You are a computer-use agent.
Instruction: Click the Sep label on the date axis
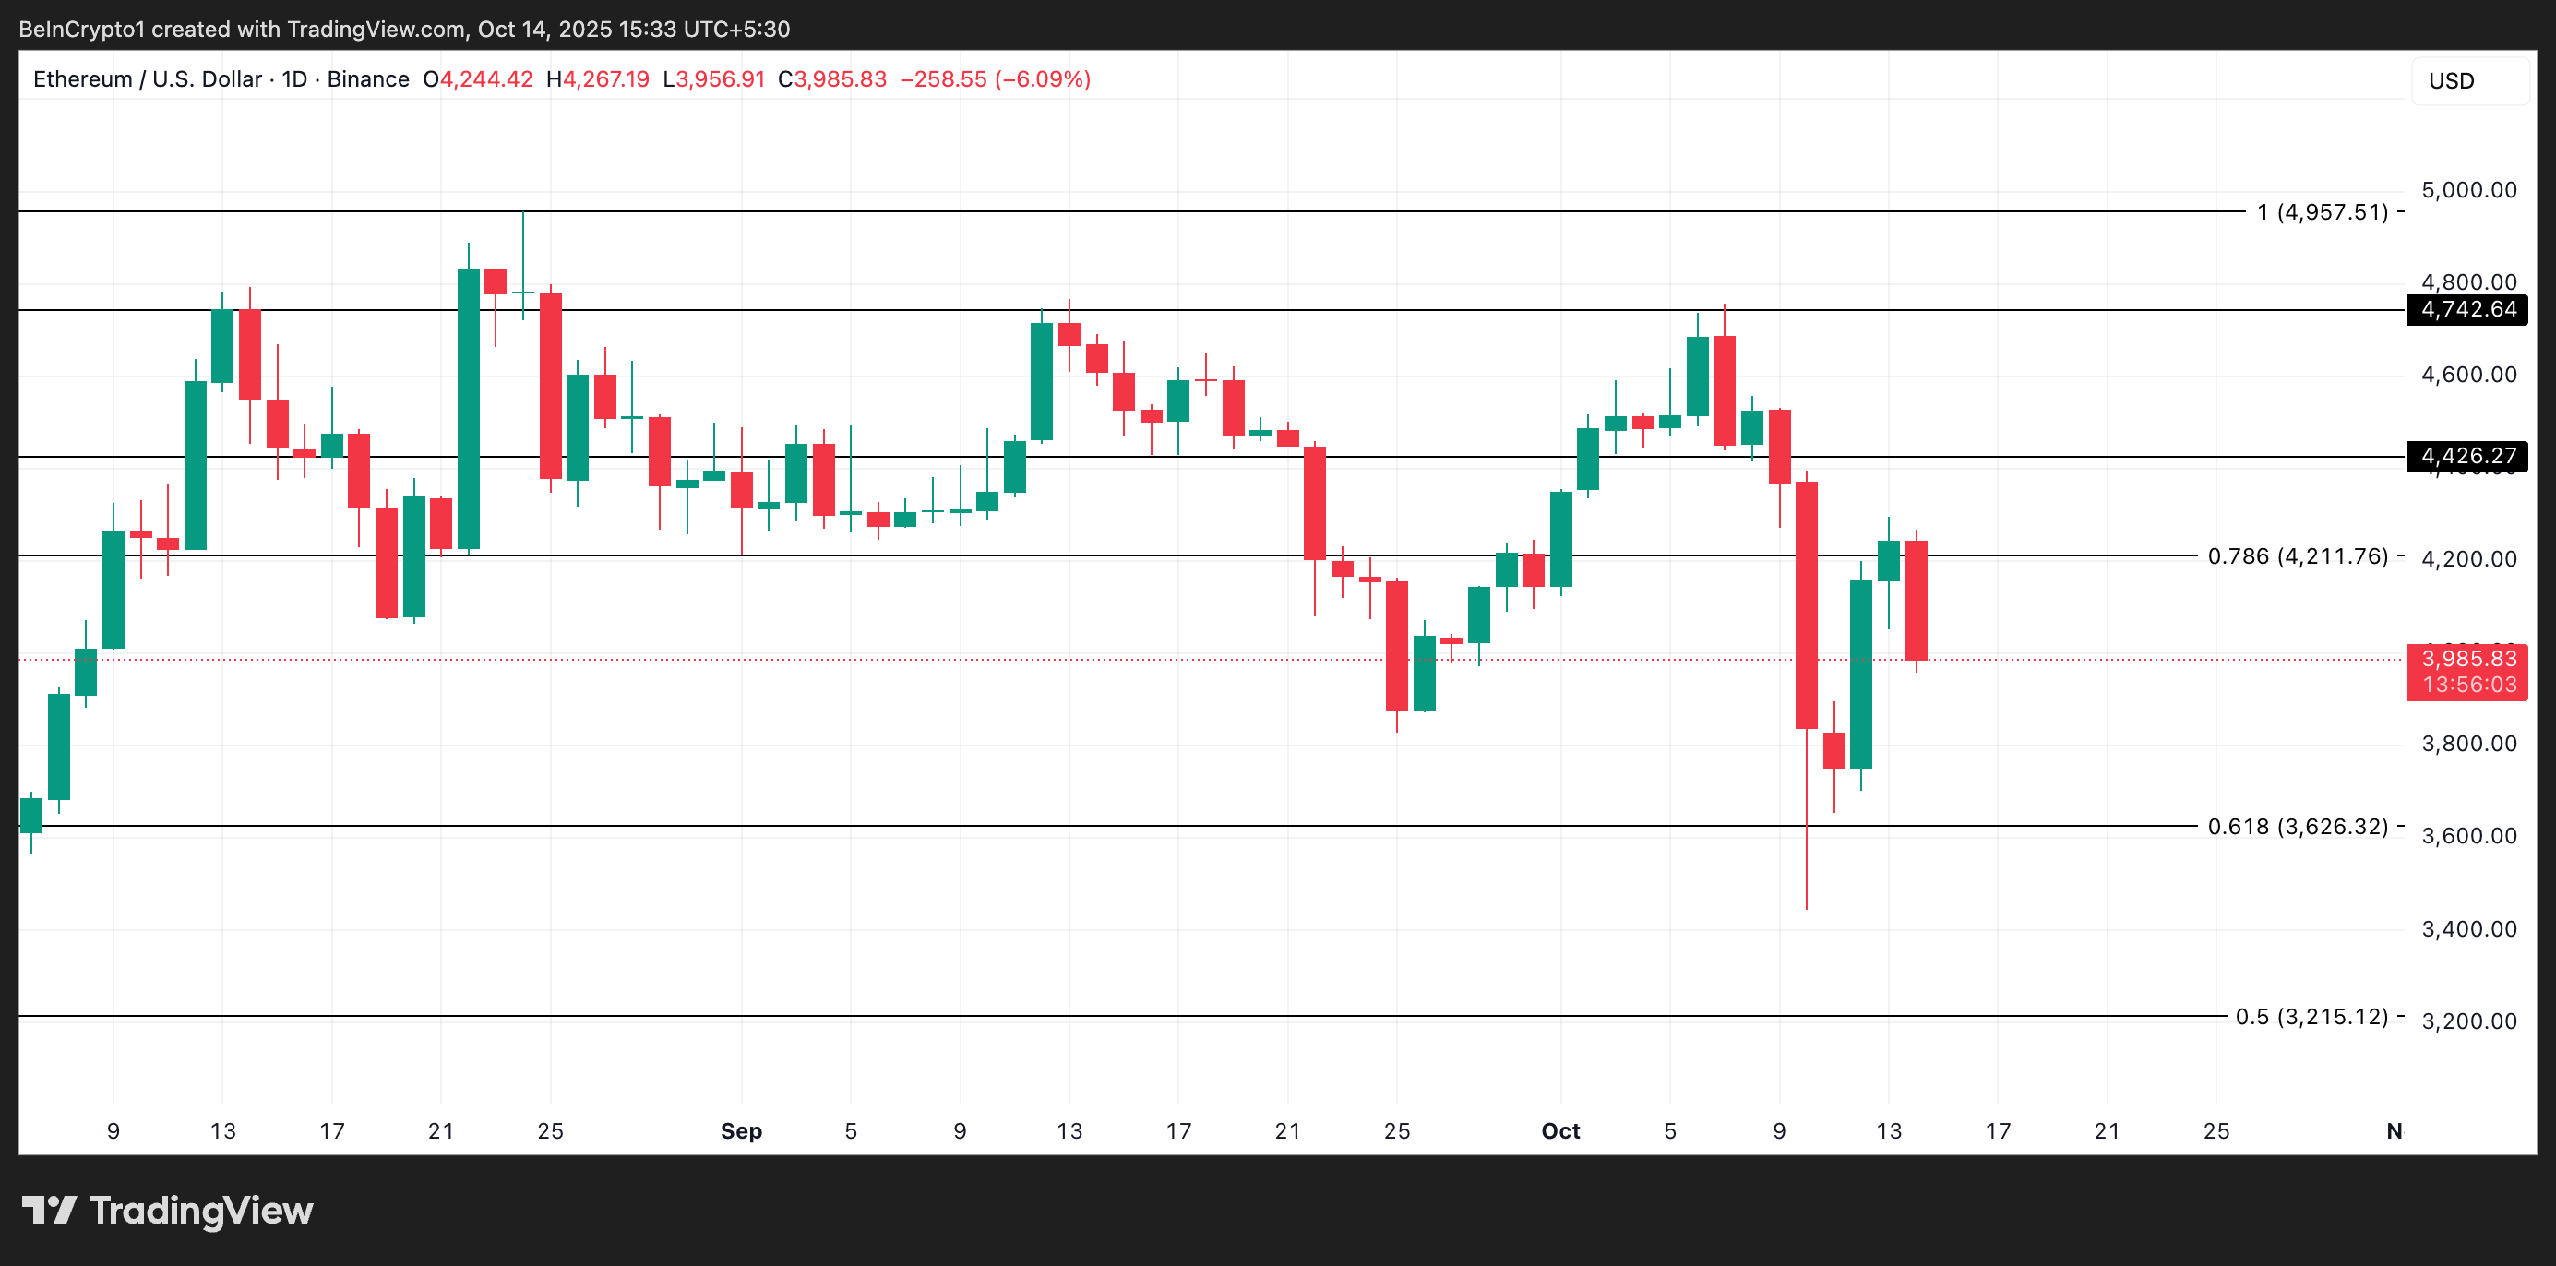(740, 1131)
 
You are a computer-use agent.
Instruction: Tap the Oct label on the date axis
(1559, 1131)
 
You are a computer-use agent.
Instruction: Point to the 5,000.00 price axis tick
(2467, 189)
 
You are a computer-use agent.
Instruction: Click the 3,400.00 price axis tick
(2467, 928)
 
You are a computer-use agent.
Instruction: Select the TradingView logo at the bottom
(167, 1211)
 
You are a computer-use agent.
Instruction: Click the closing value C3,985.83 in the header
(831, 79)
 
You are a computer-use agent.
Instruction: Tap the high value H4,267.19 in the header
(597, 79)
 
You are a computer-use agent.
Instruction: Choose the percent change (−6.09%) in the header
(1043, 79)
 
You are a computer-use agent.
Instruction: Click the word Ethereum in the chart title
(82, 79)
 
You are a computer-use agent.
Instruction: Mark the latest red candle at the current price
(1916, 601)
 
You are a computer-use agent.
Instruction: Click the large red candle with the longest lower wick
(1806, 605)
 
